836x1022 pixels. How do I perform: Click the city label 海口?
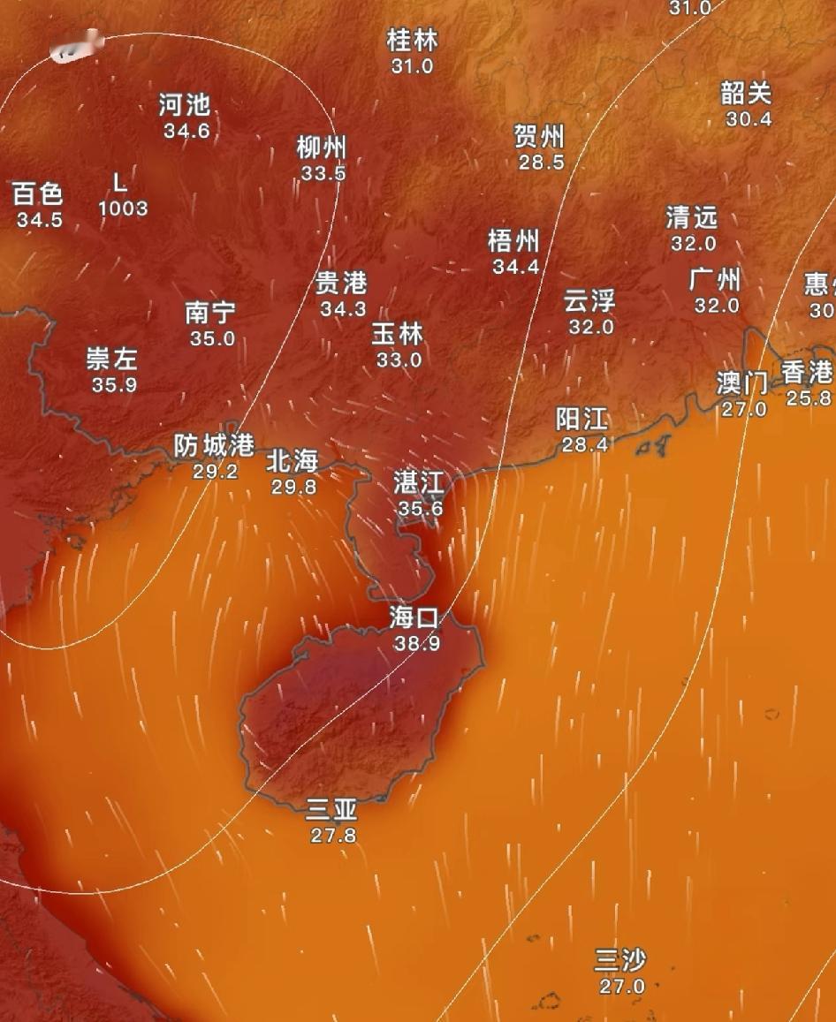(x=414, y=618)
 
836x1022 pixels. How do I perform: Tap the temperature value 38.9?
(x=417, y=643)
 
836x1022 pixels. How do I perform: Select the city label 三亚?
(x=331, y=809)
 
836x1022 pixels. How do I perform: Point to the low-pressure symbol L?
(x=120, y=183)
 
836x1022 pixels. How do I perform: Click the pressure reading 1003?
(x=123, y=208)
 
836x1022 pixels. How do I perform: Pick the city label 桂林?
(x=412, y=41)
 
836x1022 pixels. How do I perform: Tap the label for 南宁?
(x=210, y=313)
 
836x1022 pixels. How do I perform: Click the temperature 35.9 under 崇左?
(x=114, y=385)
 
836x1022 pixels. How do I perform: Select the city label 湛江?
(x=419, y=483)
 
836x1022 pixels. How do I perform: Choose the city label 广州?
(x=715, y=281)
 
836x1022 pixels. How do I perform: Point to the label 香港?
(x=808, y=372)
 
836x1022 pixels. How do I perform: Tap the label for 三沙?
(x=620, y=960)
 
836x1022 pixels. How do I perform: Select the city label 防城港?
(x=214, y=445)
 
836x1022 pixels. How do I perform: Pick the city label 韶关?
(x=747, y=93)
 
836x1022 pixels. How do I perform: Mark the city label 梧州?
(x=513, y=241)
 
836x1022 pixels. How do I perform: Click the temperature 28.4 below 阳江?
(x=583, y=444)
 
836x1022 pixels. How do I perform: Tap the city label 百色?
(x=38, y=193)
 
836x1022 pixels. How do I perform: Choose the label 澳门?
(x=741, y=383)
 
